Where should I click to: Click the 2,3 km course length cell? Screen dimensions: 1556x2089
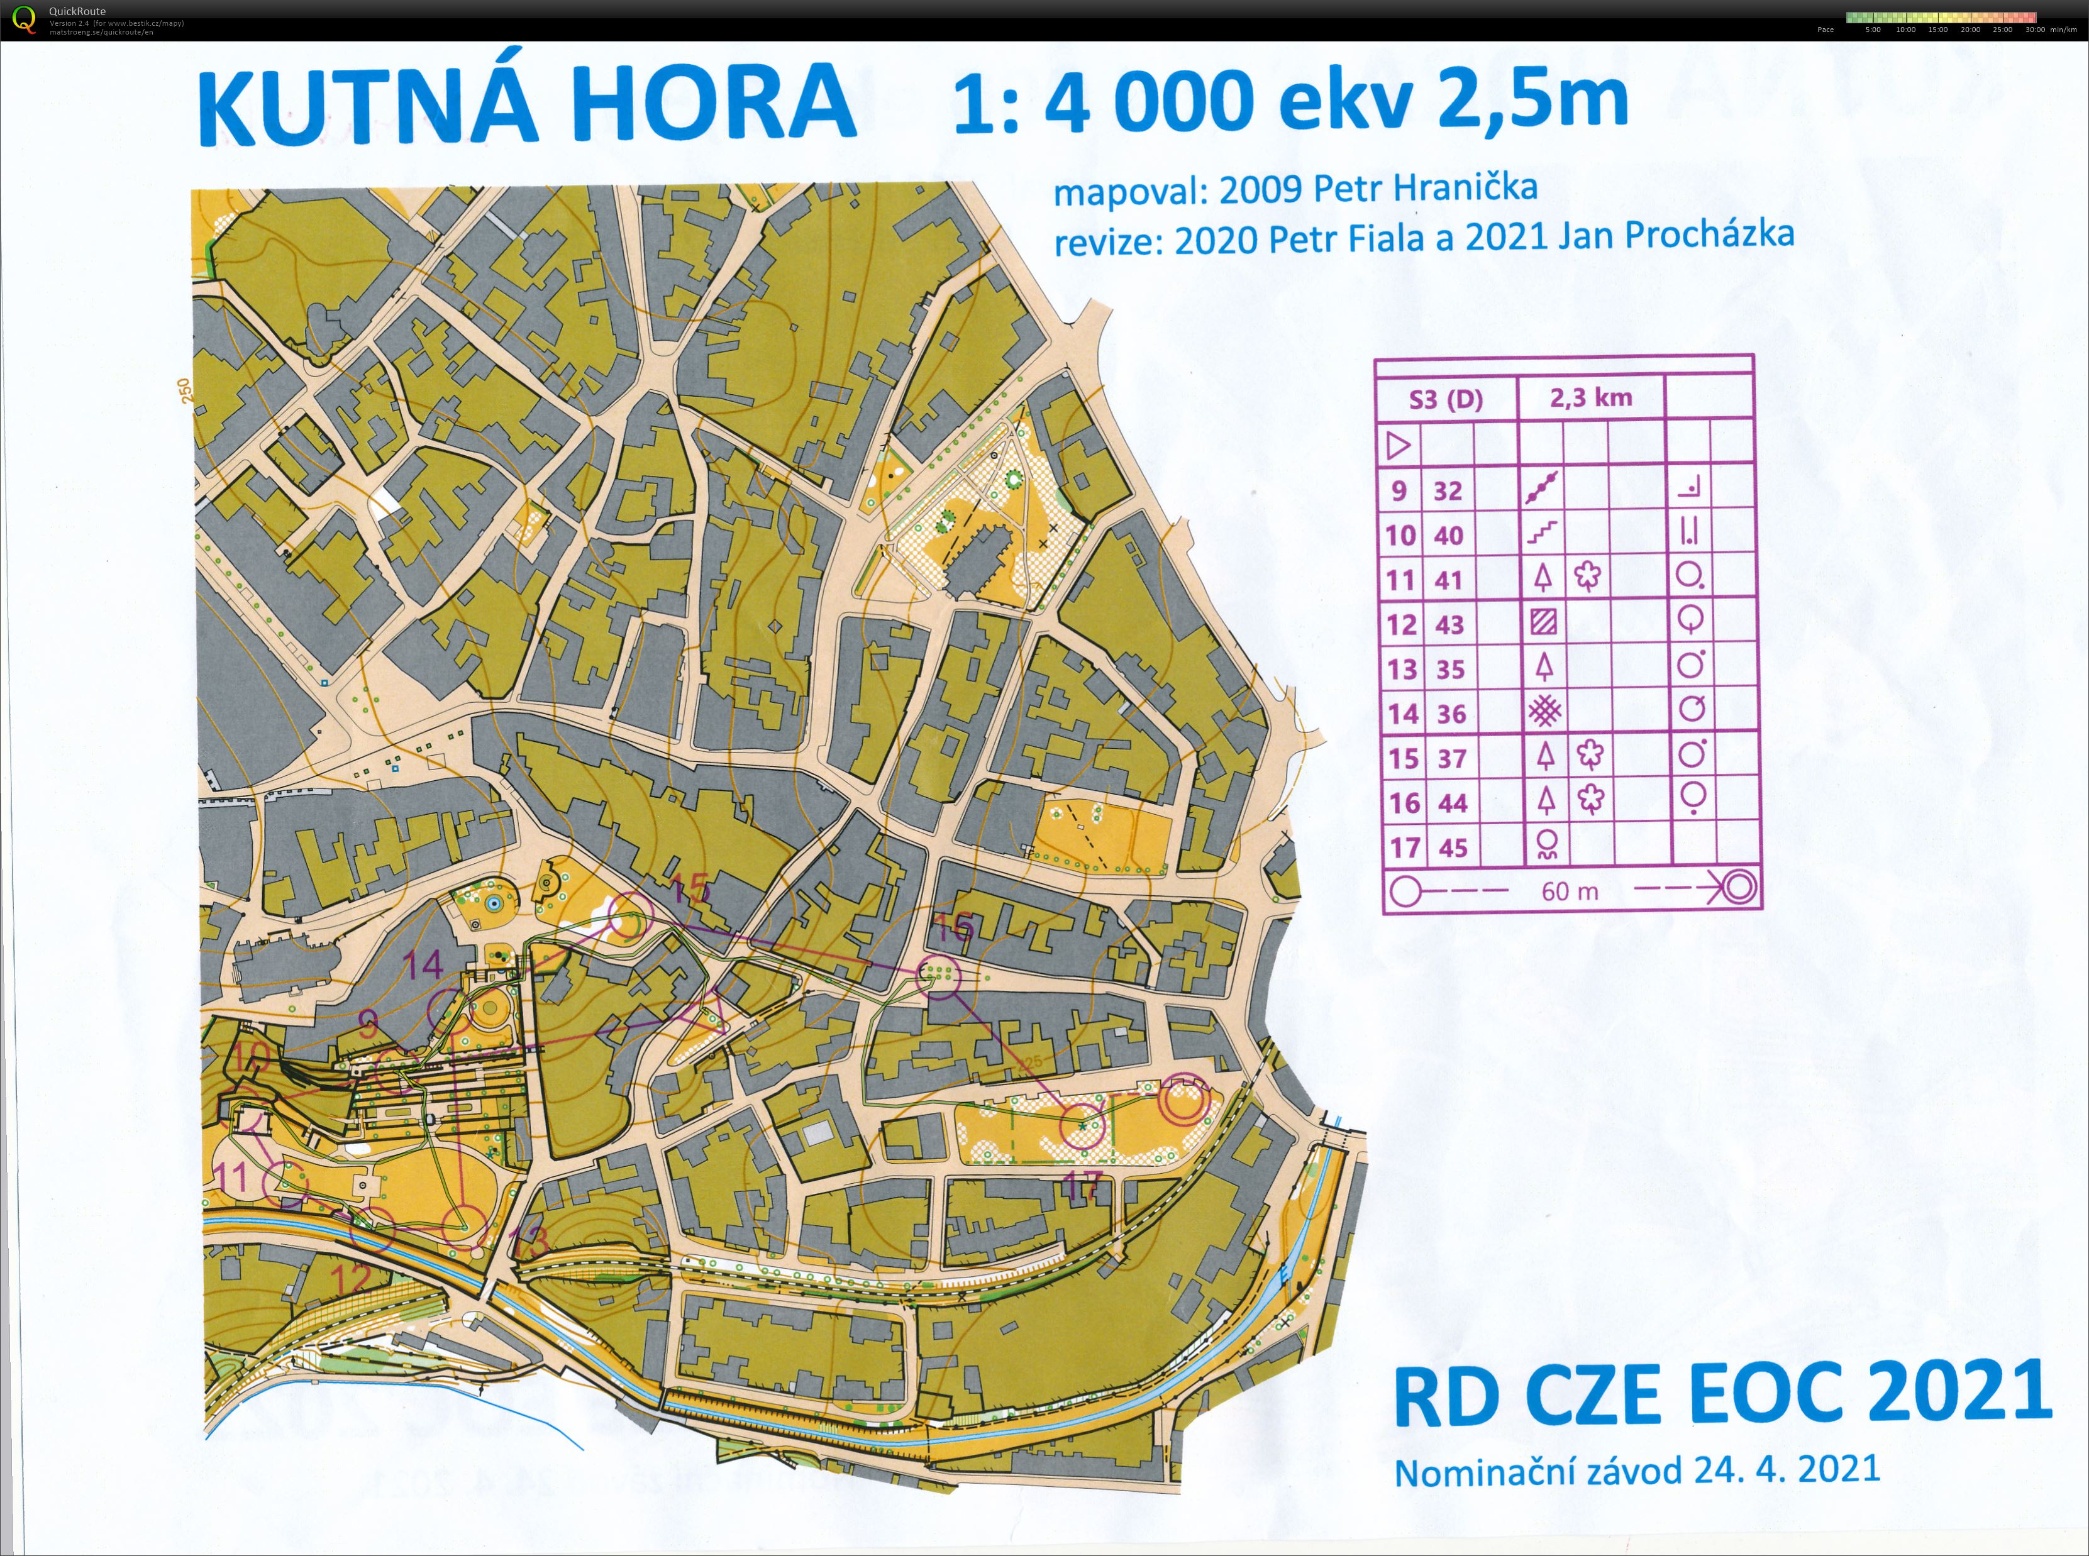pyautogui.click(x=1591, y=397)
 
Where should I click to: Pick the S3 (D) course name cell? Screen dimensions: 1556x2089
pyautogui.click(x=1446, y=399)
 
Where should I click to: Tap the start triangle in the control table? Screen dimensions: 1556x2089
pyautogui.click(x=1399, y=444)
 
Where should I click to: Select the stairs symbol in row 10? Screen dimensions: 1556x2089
pyautogui.click(x=1542, y=534)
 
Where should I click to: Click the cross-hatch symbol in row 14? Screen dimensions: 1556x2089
pyautogui.click(x=1544, y=711)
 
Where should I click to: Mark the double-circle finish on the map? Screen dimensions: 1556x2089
pyautogui.click(x=1183, y=1102)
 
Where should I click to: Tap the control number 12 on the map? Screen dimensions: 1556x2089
pyautogui.click(x=350, y=1278)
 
